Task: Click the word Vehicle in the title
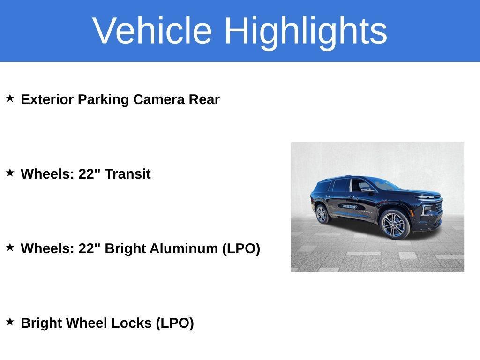pyautogui.click(x=152, y=30)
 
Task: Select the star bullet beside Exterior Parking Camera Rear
pyautogui.click(x=10, y=98)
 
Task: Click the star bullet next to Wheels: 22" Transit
pyautogui.click(x=10, y=173)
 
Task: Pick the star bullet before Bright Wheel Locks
pyautogui.click(x=10, y=322)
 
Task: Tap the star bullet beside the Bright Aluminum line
pyautogui.click(x=10, y=247)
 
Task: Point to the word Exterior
pyautogui.click(x=47, y=99)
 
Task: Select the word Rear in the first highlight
pyautogui.click(x=204, y=99)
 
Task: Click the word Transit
pyautogui.click(x=127, y=174)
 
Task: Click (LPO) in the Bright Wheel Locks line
pyautogui.click(x=175, y=323)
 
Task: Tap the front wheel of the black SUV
pyautogui.click(x=395, y=224)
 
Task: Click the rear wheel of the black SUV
pyautogui.click(x=322, y=214)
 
